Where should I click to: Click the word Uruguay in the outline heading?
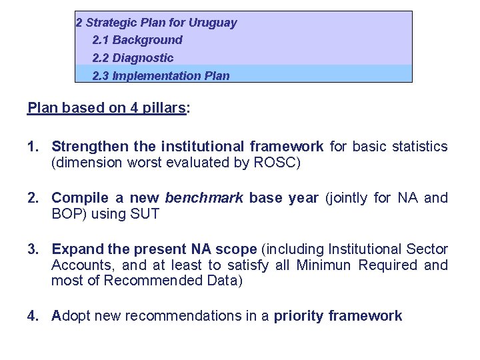(213, 23)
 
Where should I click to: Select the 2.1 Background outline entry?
(137, 40)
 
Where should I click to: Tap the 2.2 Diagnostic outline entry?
(133, 58)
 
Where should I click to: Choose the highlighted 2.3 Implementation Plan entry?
(161, 75)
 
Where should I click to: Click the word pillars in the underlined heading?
(163, 108)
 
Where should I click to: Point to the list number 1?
(33, 146)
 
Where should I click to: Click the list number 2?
(33, 198)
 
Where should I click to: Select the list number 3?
(33, 249)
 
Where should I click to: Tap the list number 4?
(33, 316)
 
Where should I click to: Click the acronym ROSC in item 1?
(275, 162)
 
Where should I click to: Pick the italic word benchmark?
(203, 198)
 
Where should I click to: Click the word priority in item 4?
(298, 316)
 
